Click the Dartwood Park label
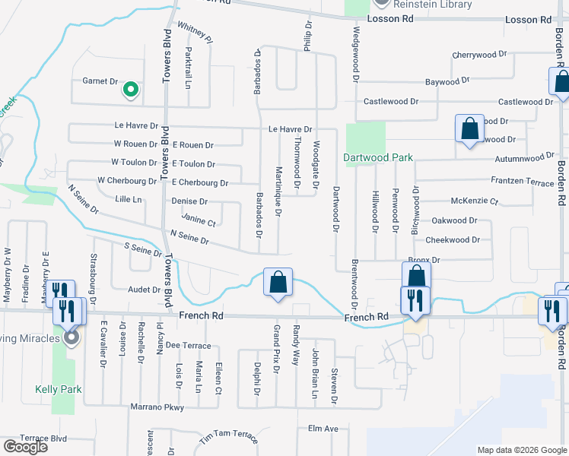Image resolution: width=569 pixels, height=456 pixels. pyautogui.click(x=377, y=158)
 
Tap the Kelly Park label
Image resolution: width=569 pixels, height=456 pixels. pyautogui.click(x=52, y=388)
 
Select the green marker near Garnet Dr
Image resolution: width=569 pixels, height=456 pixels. pyautogui.click(x=131, y=90)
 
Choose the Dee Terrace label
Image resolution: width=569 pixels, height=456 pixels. pyautogui.click(x=187, y=345)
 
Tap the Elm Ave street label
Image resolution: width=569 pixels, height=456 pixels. pyautogui.click(x=323, y=429)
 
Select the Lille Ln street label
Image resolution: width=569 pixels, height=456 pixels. pyautogui.click(x=128, y=200)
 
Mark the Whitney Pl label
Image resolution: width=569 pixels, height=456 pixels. pyautogui.click(x=193, y=30)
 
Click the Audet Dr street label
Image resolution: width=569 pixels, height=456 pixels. pyautogui.click(x=145, y=290)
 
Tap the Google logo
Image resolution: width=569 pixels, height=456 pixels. pyautogui.click(x=25, y=447)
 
